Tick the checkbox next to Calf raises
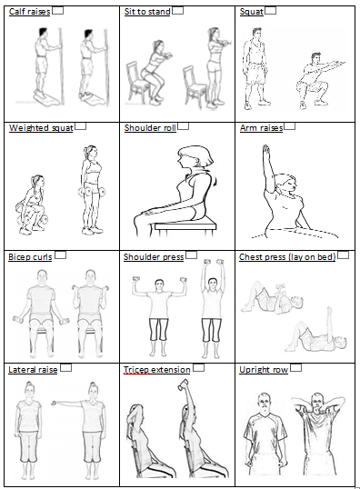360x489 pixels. (57, 11)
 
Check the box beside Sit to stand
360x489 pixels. (177, 11)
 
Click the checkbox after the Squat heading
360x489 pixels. (271, 11)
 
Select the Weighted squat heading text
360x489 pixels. (41, 128)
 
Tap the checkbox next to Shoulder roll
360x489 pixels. (183, 126)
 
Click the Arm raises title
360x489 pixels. (262, 128)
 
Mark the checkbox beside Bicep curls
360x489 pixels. (61, 255)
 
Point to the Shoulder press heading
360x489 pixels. (154, 257)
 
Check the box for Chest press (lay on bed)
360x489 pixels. (343, 255)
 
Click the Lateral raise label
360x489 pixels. (33, 370)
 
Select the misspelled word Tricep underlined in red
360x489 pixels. (136, 370)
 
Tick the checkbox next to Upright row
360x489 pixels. (295, 368)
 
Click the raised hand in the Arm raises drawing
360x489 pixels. (265, 150)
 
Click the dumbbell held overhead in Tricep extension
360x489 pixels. (183, 384)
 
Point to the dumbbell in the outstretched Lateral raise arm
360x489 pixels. (54, 404)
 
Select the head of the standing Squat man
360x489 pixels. (257, 35)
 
